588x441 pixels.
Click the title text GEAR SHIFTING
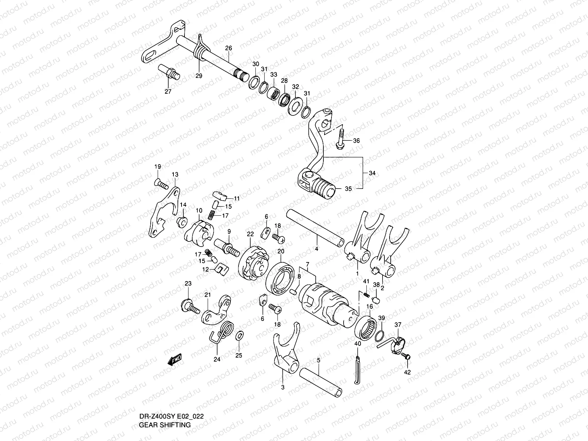[x=165, y=424]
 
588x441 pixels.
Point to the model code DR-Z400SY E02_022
[x=171, y=416]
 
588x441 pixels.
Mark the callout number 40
[x=358, y=344]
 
